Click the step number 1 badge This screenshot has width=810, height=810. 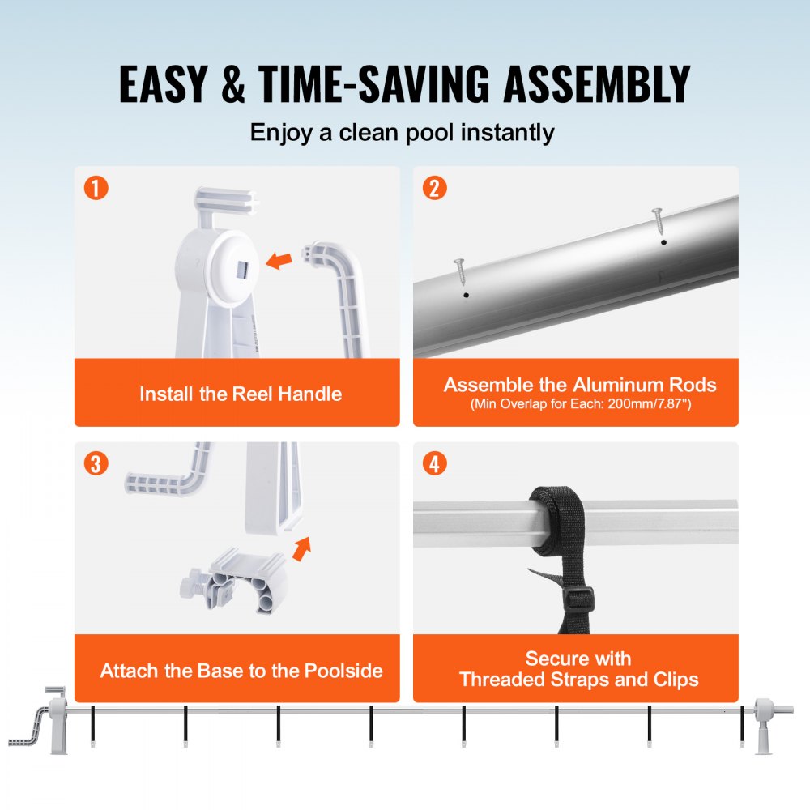pyautogui.click(x=96, y=189)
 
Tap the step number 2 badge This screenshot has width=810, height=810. pyautogui.click(x=434, y=189)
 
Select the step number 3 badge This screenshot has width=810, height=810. pyautogui.click(x=96, y=464)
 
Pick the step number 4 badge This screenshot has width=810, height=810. pyautogui.click(x=434, y=464)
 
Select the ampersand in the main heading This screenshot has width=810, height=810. pyautogui.click(x=232, y=83)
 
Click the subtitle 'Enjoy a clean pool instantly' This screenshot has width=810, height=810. pyautogui.click(x=403, y=132)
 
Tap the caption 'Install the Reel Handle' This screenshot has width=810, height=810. pyautogui.click(x=241, y=394)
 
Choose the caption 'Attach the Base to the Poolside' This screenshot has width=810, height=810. pyautogui.click(x=241, y=671)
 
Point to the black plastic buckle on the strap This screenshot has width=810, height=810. pyautogui.click(x=578, y=600)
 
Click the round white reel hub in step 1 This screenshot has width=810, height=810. pyautogui.click(x=230, y=264)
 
